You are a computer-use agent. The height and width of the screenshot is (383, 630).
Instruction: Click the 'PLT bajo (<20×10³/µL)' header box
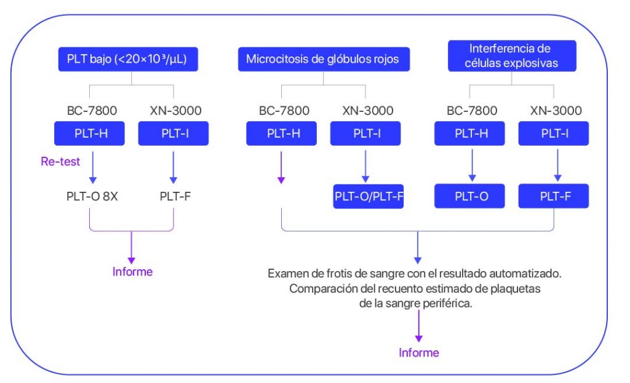coord(131,60)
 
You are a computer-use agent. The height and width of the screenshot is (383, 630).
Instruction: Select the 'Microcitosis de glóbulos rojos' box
coord(323,60)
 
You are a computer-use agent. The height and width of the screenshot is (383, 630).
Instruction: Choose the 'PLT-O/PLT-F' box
coord(369,197)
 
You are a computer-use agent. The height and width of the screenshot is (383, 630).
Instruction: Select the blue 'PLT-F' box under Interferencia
coord(553,197)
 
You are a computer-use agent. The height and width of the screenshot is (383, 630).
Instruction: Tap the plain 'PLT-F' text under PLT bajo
coord(173,199)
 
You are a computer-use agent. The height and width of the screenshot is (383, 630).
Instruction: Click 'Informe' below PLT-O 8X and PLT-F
coord(132,272)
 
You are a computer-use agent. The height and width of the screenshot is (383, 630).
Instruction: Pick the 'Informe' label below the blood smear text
coord(419,353)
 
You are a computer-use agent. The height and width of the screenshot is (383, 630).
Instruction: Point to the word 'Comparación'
coord(321,288)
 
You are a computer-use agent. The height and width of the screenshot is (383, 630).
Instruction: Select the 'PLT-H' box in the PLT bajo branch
coord(90,133)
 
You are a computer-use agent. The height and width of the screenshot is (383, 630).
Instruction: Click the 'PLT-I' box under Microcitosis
coord(365,133)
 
